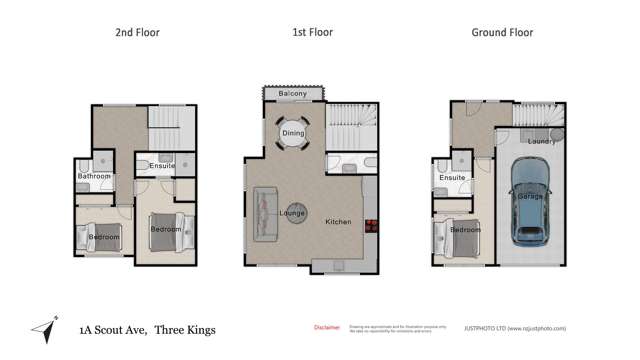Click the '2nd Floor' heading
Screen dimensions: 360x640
[136, 33]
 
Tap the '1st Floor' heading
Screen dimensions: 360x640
[312, 33]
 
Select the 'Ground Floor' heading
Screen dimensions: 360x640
[502, 33]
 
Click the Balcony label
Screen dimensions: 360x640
[292, 94]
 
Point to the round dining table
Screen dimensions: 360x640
[293, 132]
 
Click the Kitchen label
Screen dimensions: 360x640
[338, 221]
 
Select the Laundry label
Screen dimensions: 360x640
[542, 141]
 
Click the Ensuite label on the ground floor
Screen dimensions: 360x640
[453, 179]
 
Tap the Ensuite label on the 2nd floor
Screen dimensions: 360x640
[162, 167]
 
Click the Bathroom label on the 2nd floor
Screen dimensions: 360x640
[94, 177]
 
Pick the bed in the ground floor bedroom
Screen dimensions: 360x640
[455, 237]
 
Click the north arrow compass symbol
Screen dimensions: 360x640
[43, 329]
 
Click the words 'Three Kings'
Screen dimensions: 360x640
[186, 329]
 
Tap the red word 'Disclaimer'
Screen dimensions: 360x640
[327, 327]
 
